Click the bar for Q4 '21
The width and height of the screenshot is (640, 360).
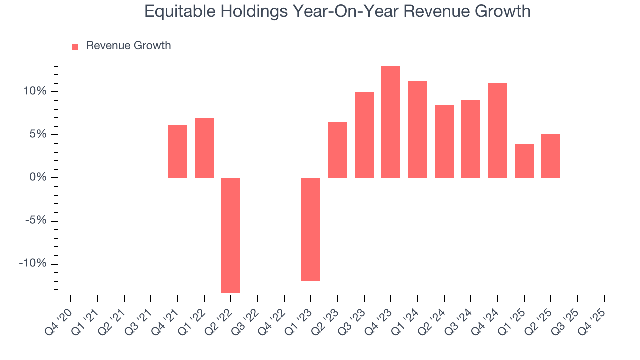click(177, 151)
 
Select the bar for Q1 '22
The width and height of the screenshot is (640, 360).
click(204, 148)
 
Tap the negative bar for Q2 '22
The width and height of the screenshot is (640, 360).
click(231, 235)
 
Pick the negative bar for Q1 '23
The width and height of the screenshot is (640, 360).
click(311, 229)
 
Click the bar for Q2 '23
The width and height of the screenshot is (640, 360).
click(337, 150)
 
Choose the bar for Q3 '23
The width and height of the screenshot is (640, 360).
click(364, 135)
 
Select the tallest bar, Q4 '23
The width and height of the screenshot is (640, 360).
click(391, 122)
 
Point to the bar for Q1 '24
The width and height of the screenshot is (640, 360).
click(418, 129)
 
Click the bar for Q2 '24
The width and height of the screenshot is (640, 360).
click(444, 141)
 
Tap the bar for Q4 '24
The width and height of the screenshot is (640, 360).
click(497, 130)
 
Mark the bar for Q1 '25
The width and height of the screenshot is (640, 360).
click(524, 161)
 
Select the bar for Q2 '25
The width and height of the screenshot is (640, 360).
click(551, 156)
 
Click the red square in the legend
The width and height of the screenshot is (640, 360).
click(75, 46)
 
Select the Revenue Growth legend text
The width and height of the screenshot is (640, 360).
click(128, 46)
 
